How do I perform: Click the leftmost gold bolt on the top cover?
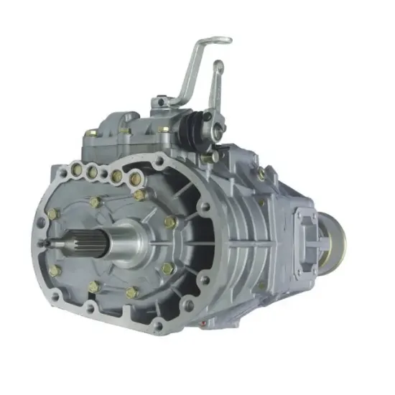click(92, 134)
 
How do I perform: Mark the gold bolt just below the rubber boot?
click(207, 157)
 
